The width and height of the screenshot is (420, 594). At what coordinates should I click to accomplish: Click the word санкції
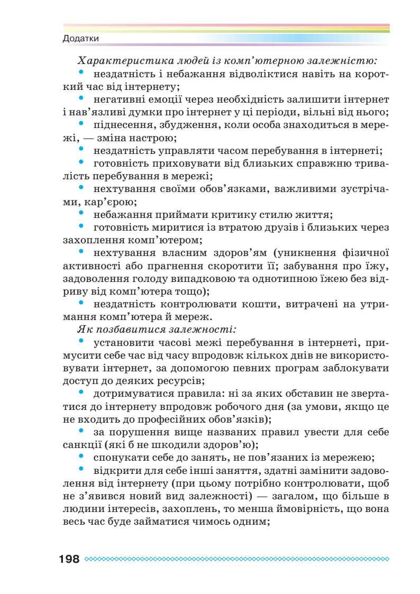[x=82, y=444]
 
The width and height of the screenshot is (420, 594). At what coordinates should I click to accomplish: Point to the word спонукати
[x=117, y=456]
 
